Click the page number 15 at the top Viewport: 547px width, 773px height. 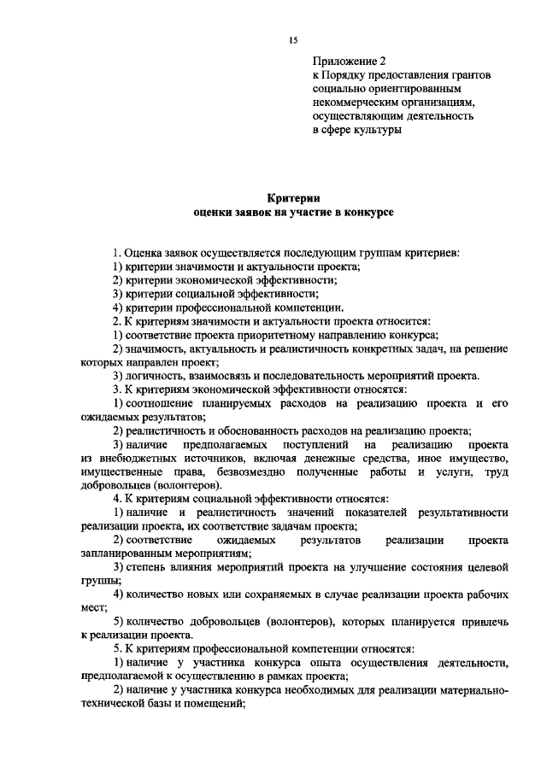292,40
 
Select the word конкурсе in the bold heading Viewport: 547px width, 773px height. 369,211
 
